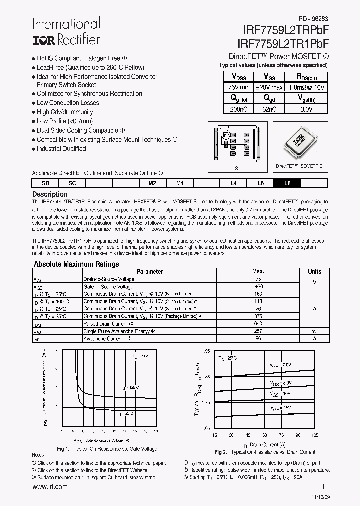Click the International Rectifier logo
tap(66, 32)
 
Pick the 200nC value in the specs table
tap(238, 109)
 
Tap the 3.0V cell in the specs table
tap(306, 109)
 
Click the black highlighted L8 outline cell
tap(287, 183)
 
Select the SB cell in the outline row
tap(45, 183)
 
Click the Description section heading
tap(50, 194)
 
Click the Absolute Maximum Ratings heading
tap(76, 264)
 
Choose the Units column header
tap(314, 272)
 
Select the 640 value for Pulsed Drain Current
tap(258, 324)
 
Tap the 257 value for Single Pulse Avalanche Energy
tap(258, 331)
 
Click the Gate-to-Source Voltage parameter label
tap(108, 287)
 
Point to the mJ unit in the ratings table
tap(314, 331)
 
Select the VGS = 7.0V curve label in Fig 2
tap(281, 366)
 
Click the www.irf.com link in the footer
tap(50, 487)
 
